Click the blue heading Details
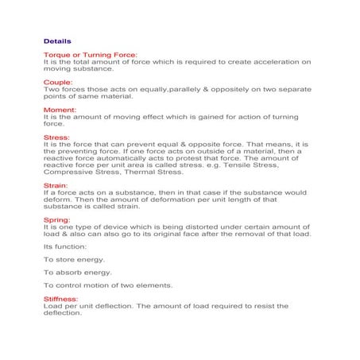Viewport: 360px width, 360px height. pyautogui.click(x=57, y=40)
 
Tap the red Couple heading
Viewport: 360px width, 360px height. pyautogui.click(x=58, y=82)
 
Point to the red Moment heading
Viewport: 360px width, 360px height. pyautogui.click(x=60, y=109)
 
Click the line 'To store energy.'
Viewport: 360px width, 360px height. pyautogui.click(x=74, y=259)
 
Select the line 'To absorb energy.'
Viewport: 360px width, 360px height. pyautogui.click(x=76, y=272)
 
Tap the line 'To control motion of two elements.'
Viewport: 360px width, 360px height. pyautogui.click(x=107, y=285)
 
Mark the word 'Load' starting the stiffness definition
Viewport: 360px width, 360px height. pyautogui.click(x=52, y=306)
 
